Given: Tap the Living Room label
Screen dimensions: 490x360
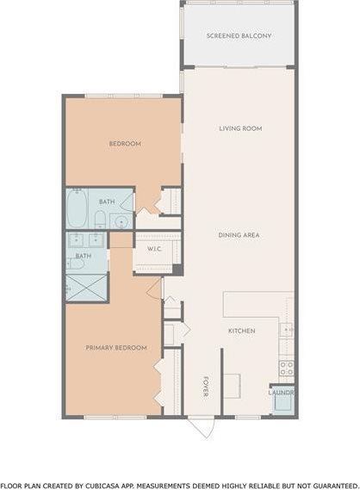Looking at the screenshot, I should point(240,128).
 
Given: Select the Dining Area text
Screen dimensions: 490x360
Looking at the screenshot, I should point(240,234).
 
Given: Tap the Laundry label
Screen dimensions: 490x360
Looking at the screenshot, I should point(282,393).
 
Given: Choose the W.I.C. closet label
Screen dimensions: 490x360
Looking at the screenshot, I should point(155,250).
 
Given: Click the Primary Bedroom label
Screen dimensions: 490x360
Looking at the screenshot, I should point(115,348).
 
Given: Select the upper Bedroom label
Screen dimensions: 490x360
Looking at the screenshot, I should point(124,144).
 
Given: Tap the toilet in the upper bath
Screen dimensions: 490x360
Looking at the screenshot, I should point(126,203).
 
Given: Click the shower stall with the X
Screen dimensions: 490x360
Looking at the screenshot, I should point(87,287).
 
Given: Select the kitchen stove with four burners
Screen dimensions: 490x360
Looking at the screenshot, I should point(286,367).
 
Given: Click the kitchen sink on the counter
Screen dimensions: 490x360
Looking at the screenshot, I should point(287,329).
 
